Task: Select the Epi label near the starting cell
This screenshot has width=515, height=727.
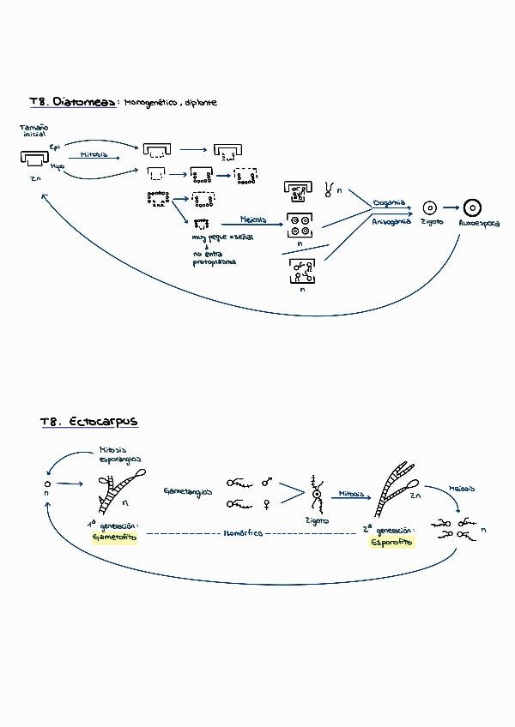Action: click(55, 147)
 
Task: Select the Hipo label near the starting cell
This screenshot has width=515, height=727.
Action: click(57, 166)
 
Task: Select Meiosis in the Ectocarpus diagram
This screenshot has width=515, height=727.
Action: click(462, 489)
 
